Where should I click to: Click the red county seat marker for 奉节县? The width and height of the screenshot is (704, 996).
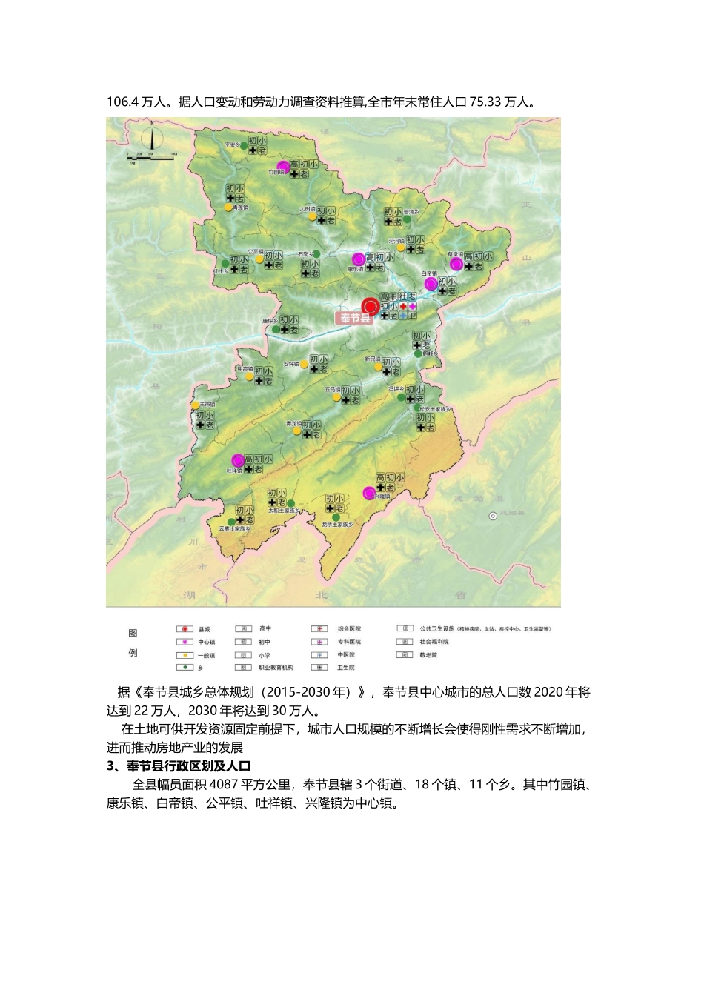(x=370, y=306)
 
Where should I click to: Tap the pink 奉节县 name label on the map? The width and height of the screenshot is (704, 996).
(x=354, y=318)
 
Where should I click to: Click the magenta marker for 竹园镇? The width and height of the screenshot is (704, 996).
(x=282, y=166)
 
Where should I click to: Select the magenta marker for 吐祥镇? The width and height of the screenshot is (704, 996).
(x=238, y=460)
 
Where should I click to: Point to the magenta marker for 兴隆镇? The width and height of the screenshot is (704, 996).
(x=368, y=493)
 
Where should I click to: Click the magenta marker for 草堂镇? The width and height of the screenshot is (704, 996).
(x=456, y=263)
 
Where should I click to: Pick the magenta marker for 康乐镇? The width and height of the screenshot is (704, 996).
(x=359, y=259)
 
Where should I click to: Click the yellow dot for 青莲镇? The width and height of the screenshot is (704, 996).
(x=228, y=208)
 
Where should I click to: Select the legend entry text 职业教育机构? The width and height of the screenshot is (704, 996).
(x=276, y=668)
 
